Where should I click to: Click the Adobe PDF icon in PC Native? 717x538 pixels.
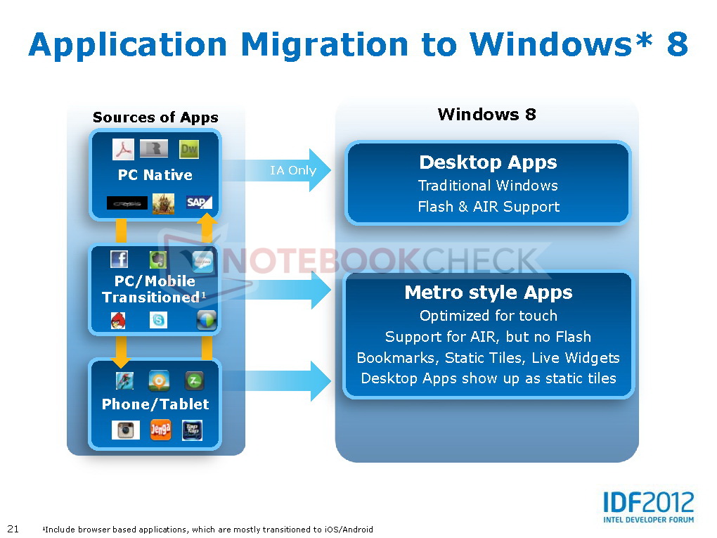[x=124, y=149]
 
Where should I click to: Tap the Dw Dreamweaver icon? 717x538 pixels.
[x=188, y=149]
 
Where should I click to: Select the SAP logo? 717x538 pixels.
[x=199, y=203]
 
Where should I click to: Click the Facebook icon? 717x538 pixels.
[x=119, y=260]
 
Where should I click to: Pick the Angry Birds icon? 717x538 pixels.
[x=119, y=321]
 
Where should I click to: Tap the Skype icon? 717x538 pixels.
[x=158, y=321]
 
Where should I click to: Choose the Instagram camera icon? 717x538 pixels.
[x=125, y=430]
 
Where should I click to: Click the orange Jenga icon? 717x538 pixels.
[x=160, y=430]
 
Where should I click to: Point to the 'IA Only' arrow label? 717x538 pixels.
[x=293, y=170]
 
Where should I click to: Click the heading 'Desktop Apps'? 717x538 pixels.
[x=488, y=162]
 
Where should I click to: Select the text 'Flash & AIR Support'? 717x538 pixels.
[x=489, y=207]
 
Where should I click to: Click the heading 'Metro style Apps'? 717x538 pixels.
[x=489, y=293]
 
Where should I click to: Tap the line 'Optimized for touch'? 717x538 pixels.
[x=489, y=316]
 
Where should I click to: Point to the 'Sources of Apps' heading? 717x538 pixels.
[x=155, y=117]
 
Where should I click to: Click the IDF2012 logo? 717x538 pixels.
[x=648, y=506]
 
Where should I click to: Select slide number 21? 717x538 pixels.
[x=13, y=529]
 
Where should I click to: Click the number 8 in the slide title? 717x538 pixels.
[x=677, y=45]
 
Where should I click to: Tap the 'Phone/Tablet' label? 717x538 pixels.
[x=155, y=404]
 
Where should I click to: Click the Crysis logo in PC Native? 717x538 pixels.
[x=127, y=203]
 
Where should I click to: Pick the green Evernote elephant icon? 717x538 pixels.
[x=158, y=260]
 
